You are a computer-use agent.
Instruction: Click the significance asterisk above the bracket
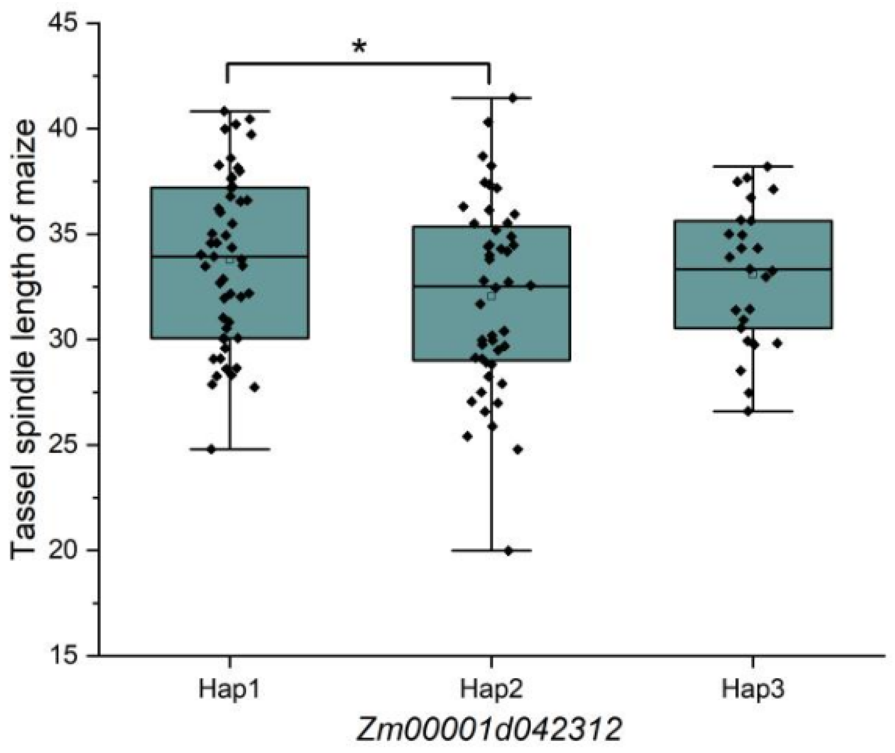click(359, 47)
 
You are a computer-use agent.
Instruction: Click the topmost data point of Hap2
click(513, 98)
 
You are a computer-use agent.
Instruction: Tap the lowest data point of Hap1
click(211, 449)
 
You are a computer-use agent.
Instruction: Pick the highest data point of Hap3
click(767, 166)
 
